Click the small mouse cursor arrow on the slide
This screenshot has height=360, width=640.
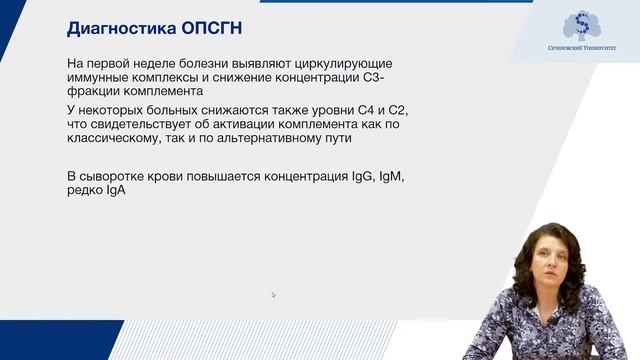[273, 294]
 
